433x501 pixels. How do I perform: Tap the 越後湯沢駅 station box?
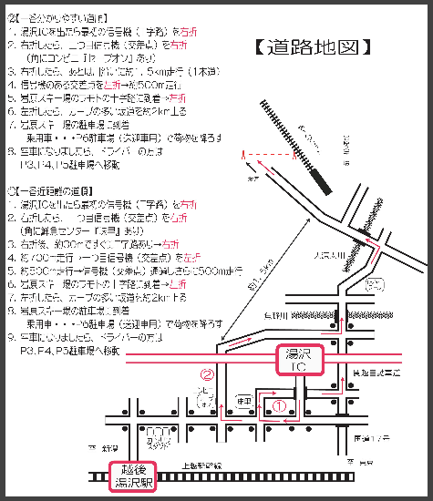coord(133,476)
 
